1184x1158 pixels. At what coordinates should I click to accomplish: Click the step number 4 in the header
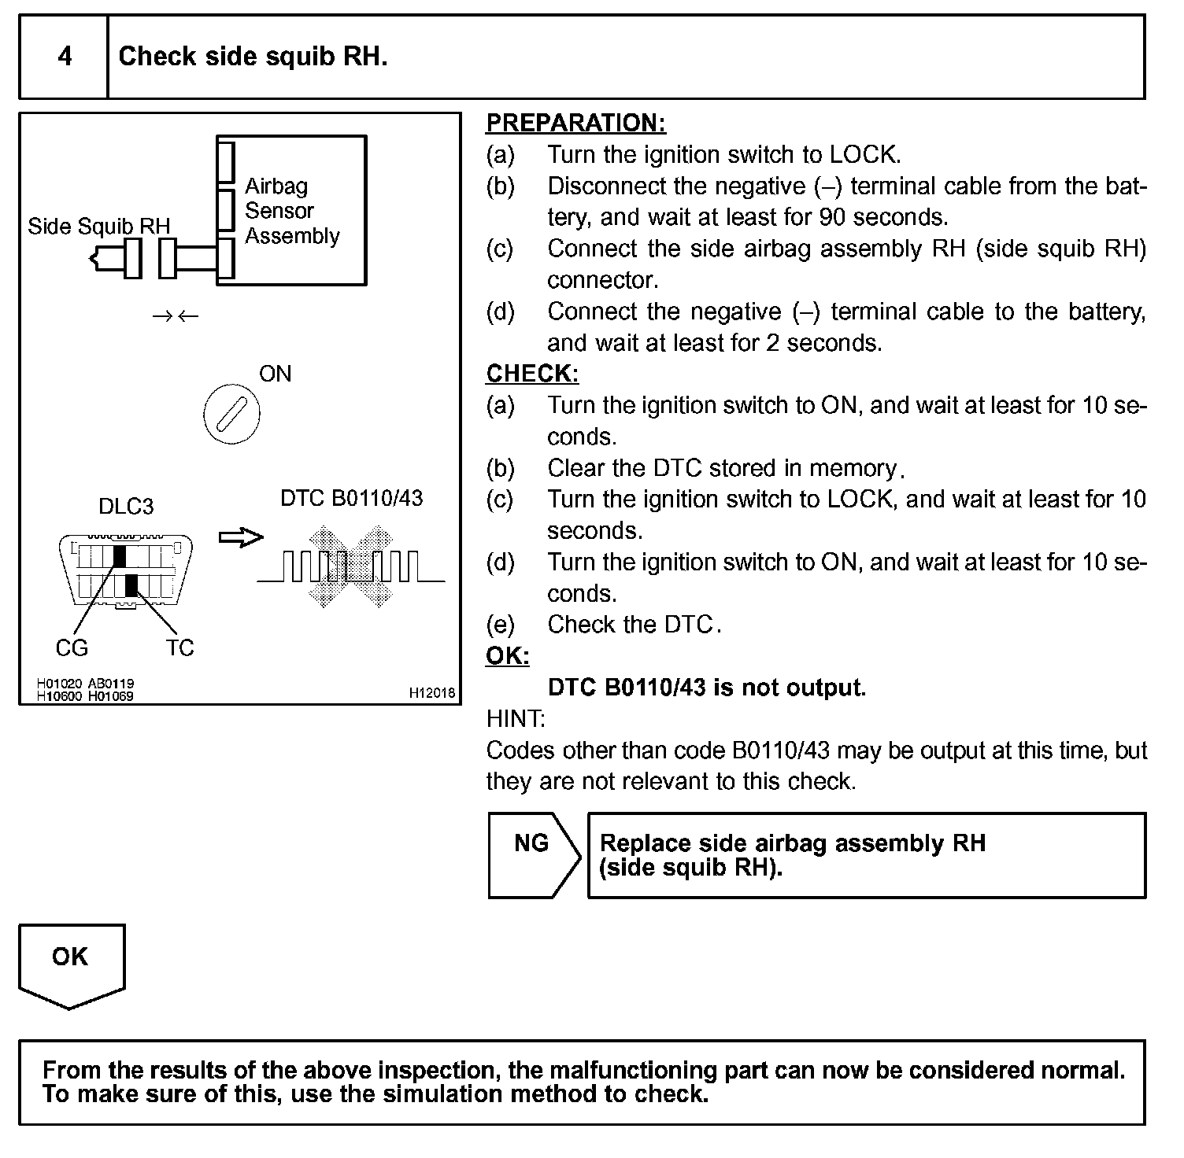coord(65,57)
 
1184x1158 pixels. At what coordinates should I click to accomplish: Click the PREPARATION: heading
coord(575,123)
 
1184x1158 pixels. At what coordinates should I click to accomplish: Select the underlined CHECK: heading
coord(532,374)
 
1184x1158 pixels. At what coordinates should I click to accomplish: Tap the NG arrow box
coord(533,854)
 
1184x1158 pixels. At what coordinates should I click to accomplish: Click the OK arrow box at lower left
coord(71,964)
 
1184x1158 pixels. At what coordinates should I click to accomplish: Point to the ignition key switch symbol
coord(231,415)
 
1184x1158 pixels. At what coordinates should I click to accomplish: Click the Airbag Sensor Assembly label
coord(291,211)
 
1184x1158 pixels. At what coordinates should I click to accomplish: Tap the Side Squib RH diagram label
coord(98,227)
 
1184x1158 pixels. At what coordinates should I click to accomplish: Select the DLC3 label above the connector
coord(126,507)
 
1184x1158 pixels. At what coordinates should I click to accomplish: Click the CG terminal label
coord(72,647)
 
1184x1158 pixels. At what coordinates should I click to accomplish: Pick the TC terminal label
coord(179,647)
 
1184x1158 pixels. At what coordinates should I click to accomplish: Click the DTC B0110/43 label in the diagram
coord(351,498)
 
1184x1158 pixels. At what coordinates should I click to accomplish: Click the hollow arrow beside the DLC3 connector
coord(240,537)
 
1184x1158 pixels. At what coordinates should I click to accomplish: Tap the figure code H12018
coord(431,693)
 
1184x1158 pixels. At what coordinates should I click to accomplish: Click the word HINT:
coord(516,718)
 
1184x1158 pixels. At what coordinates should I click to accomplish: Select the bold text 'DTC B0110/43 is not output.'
coord(706,688)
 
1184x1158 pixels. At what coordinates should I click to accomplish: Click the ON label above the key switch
coord(275,374)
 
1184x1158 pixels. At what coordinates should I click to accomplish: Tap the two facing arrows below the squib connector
coord(176,316)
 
